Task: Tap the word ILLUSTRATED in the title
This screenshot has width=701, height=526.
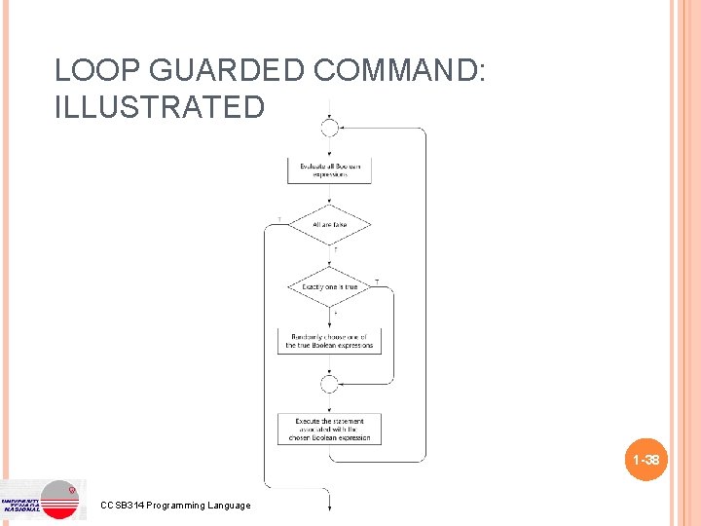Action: (x=160, y=106)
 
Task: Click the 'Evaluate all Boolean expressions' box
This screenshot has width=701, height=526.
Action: (x=329, y=170)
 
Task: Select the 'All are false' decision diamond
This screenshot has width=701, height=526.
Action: (x=329, y=225)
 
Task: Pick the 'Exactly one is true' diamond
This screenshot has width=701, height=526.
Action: (x=329, y=287)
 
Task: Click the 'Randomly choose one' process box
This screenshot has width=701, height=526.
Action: (x=329, y=341)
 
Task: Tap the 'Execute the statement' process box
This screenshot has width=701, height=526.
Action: (x=329, y=430)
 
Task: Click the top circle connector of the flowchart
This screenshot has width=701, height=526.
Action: (x=329, y=128)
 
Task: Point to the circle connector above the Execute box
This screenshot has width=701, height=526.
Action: (x=329, y=384)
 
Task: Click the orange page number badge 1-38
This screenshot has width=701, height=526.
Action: (x=646, y=460)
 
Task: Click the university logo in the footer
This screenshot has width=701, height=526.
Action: (x=44, y=500)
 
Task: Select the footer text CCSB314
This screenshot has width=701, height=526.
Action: (x=122, y=505)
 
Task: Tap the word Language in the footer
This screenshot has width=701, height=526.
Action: (x=234, y=505)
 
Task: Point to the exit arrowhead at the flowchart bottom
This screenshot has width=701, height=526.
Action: (x=329, y=506)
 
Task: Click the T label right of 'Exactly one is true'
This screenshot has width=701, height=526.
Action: (x=377, y=281)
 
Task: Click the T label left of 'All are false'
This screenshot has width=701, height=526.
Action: (x=280, y=219)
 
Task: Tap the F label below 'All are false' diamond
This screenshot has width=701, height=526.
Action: (x=336, y=250)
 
